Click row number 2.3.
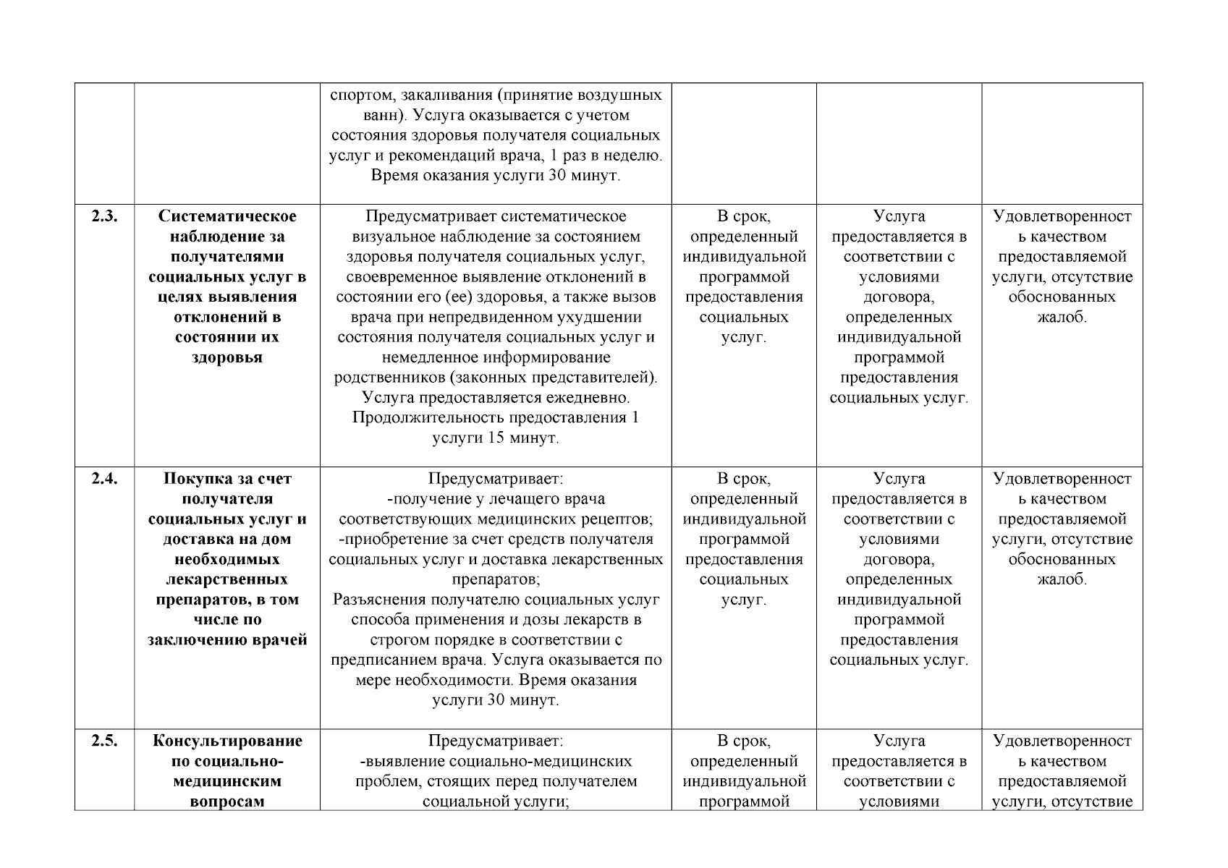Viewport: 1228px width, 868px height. tap(104, 216)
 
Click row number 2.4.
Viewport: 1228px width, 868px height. tap(104, 479)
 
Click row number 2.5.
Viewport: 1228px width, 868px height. tap(104, 741)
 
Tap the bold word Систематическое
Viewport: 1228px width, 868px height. tap(227, 216)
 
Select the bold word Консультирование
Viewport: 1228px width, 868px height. tap(227, 741)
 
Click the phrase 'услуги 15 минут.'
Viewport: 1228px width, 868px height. tap(496, 438)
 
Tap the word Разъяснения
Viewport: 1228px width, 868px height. tap(378, 600)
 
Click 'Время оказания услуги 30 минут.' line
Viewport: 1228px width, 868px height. tap(496, 176)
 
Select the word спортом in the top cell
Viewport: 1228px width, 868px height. tap(359, 95)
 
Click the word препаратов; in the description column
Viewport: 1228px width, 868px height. tap(496, 579)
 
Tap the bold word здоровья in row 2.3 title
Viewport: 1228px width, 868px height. tap(227, 358)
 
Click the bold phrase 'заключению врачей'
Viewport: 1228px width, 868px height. tap(227, 640)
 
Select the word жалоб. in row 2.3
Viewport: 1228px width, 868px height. tap(1062, 318)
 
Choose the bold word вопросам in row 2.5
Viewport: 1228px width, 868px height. tap(227, 801)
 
